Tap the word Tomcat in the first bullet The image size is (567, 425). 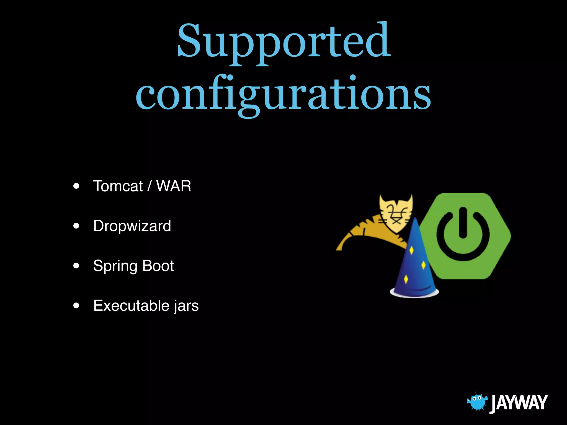tap(118, 186)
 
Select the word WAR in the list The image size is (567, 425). tap(174, 186)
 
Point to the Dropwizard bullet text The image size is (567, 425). tap(132, 226)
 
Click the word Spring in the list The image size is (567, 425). tap(115, 266)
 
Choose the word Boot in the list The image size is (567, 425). tap(158, 266)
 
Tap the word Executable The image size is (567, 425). tap(131, 305)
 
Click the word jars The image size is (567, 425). tap(186, 306)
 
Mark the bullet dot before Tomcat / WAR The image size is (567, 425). tap(76, 186)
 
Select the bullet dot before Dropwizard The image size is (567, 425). tap(76, 226)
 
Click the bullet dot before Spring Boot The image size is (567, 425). tap(76, 266)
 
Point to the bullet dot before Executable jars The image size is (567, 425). tap(76, 305)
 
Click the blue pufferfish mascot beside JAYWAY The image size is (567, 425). tap(477, 402)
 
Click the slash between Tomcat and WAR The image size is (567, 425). tap(150, 186)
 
